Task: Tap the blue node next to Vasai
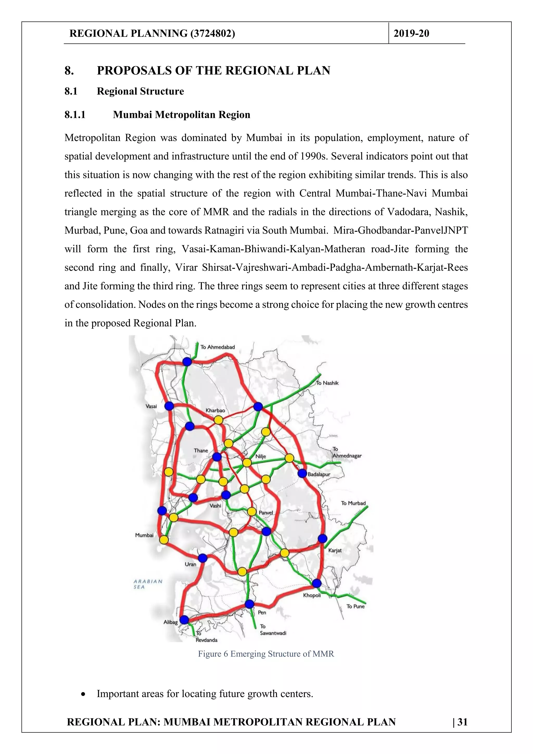(169, 406)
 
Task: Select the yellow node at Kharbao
(218, 420)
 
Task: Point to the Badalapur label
(319, 474)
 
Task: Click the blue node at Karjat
(322, 538)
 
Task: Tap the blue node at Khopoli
(316, 583)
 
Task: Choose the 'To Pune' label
(355, 606)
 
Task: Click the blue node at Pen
(250, 604)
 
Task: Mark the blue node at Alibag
(184, 620)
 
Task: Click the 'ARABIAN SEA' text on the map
(148, 584)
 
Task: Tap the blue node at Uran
(203, 558)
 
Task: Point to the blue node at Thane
(217, 457)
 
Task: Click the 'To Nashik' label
(327, 383)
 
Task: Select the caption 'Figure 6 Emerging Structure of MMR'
(266, 654)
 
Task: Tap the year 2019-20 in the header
(411, 34)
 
